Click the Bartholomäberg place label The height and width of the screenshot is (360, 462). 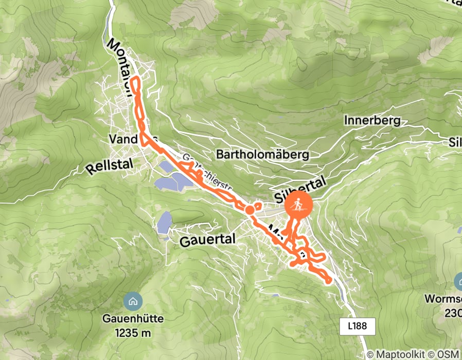click(262, 154)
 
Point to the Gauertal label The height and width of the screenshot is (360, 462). click(207, 240)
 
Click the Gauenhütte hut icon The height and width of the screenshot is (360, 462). click(133, 300)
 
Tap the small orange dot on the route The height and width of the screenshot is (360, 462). click(250, 210)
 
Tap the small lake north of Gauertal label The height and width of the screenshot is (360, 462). click(165, 223)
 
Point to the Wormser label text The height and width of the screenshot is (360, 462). click(442, 299)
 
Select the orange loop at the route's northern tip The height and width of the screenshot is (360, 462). click(136, 85)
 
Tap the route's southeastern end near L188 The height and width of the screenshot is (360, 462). click(328, 280)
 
